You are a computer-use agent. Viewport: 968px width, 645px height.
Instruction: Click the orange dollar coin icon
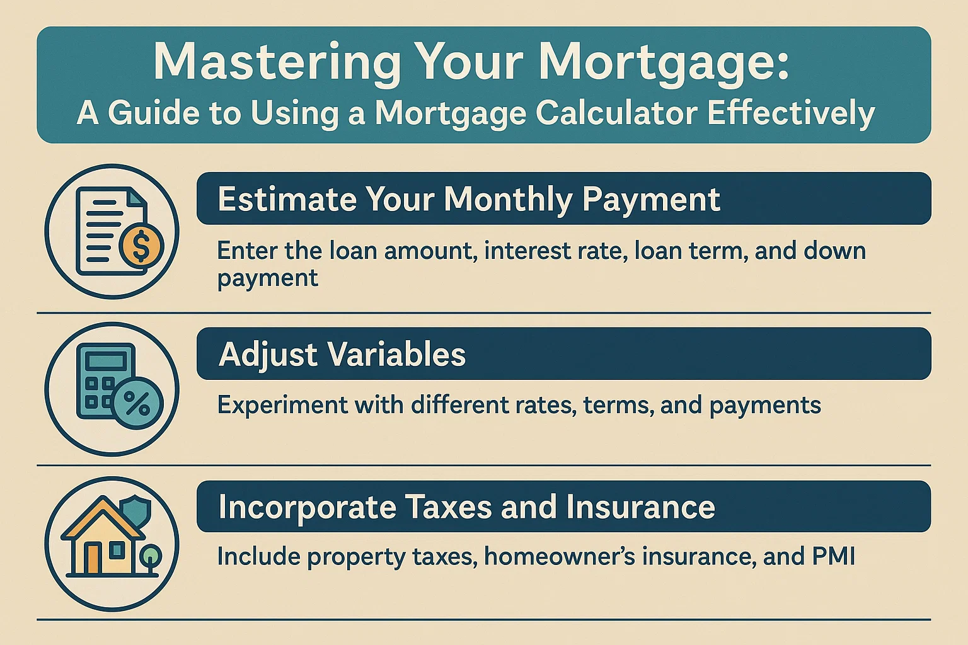(141, 247)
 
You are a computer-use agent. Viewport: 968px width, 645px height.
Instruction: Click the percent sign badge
(137, 403)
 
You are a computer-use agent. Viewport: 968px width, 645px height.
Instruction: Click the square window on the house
(117, 551)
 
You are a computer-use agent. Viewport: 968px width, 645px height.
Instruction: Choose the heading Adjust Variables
(342, 354)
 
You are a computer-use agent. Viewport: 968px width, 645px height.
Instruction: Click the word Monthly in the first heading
(507, 200)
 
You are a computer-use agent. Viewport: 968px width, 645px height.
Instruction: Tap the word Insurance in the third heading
(640, 507)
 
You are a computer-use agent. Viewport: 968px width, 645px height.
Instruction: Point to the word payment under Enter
(267, 278)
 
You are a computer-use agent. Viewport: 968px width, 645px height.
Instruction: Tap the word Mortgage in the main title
(664, 62)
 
